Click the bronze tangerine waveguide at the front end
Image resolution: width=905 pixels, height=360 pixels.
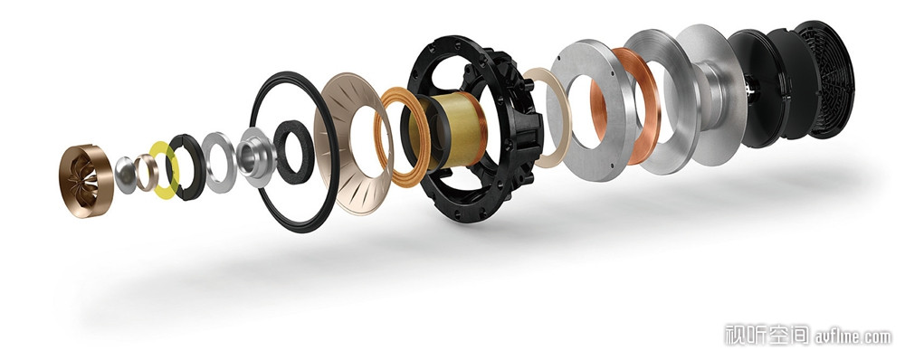coord(85,181)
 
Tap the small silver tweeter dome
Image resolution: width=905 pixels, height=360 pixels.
coord(125,175)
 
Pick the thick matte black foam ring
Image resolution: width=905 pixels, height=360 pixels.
coord(294,151)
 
